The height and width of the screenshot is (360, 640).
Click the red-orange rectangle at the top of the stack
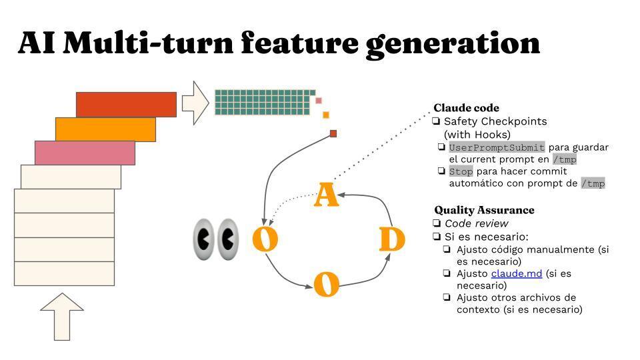point(126,105)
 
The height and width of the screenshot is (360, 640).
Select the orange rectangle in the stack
point(105,129)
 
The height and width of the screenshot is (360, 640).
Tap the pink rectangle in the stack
point(85,153)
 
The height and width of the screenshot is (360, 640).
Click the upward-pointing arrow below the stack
point(62,316)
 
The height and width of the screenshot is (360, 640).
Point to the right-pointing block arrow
point(196,103)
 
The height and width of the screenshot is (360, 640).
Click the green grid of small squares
point(263,102)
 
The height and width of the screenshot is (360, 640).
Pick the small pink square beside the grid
point(319,101)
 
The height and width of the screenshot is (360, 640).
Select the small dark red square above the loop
point(333,133)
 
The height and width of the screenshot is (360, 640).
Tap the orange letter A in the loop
point(325,195)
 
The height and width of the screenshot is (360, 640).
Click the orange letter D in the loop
point(392,240)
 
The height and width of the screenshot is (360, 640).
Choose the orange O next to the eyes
point(265,239)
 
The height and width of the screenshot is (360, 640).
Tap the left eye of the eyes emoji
point(204,239)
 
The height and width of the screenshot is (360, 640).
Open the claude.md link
point(516,273)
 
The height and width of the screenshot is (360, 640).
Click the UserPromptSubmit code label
point(497,147)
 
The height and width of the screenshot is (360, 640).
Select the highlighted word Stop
point(460,171)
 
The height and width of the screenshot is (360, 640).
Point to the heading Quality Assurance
point(484,210)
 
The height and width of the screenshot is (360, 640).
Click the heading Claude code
point(466,108)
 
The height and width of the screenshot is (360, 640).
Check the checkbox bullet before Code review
point(437,223)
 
